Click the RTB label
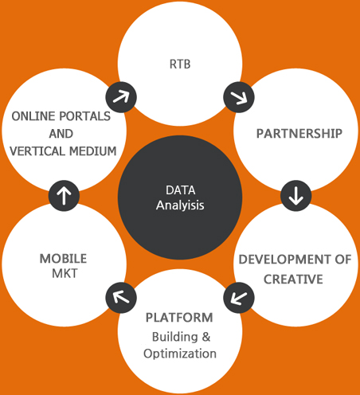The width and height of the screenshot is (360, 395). [x=180, y=65]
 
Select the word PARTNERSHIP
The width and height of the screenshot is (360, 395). [x=299, y=134]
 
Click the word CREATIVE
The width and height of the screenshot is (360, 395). [x=293, y=280]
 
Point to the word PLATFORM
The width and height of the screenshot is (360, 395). [x=179, y=318]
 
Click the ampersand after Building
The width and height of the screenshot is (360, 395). [x=206, y=337]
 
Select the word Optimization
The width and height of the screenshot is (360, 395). [x=180, y=354]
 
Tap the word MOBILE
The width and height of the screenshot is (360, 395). [x=63, y=259]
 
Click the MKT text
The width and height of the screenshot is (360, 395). [x=65, y=273]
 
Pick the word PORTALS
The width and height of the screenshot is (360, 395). [x=84, y=116]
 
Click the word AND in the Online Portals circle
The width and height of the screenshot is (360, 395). [x=61, y=134]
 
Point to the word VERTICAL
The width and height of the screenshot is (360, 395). [x=37, y=151]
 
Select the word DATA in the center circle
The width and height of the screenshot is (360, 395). [x=181, y=190]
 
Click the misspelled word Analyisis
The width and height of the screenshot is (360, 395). [x=180, y=205]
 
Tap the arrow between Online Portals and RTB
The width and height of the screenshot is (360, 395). [x=121, y=97]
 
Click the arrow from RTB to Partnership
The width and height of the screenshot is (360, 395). [x=239, y=97]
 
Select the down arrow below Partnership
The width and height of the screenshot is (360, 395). [x=296, y=196]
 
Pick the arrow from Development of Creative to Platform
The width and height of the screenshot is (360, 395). [x=239, y=298]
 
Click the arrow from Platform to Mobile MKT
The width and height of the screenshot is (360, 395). [x=121, y=297]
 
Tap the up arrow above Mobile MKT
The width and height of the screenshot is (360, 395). [x=64, y=196]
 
